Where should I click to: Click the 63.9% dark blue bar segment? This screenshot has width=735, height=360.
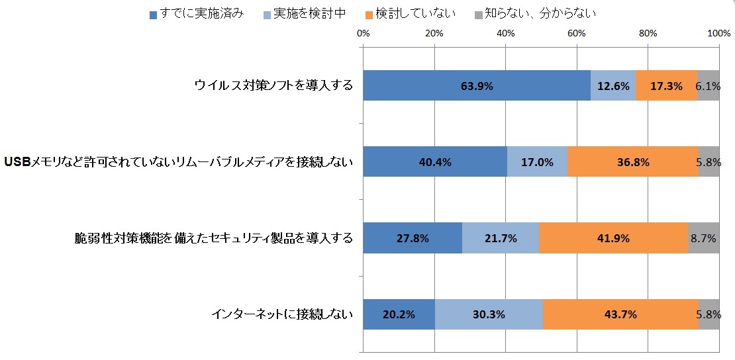click(477, 85)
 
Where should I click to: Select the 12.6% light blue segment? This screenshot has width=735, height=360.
click(613, 85)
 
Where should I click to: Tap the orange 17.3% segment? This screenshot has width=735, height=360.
click(666, 85)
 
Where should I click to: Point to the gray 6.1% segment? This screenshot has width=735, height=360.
click(709, 85)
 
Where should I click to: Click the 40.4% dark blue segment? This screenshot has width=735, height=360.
click(435, 162)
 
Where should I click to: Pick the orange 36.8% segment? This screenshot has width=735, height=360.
click(633, 162)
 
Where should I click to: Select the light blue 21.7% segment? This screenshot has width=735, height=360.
click(501, 238)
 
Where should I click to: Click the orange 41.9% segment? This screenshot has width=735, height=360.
click(614, 238)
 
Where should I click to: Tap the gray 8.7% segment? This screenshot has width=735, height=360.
click(704, 238)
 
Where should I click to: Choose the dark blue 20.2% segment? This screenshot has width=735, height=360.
click(399, 314)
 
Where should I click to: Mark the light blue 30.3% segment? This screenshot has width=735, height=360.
click(489, 314)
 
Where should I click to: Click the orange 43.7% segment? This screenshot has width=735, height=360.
click(620, 314)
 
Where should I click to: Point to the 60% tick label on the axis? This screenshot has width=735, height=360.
click(577, 33)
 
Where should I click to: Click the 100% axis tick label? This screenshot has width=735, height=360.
click(718, 33)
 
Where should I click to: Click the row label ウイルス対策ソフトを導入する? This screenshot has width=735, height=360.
click(273, 85)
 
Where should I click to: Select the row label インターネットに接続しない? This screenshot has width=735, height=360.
click(282, 314)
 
